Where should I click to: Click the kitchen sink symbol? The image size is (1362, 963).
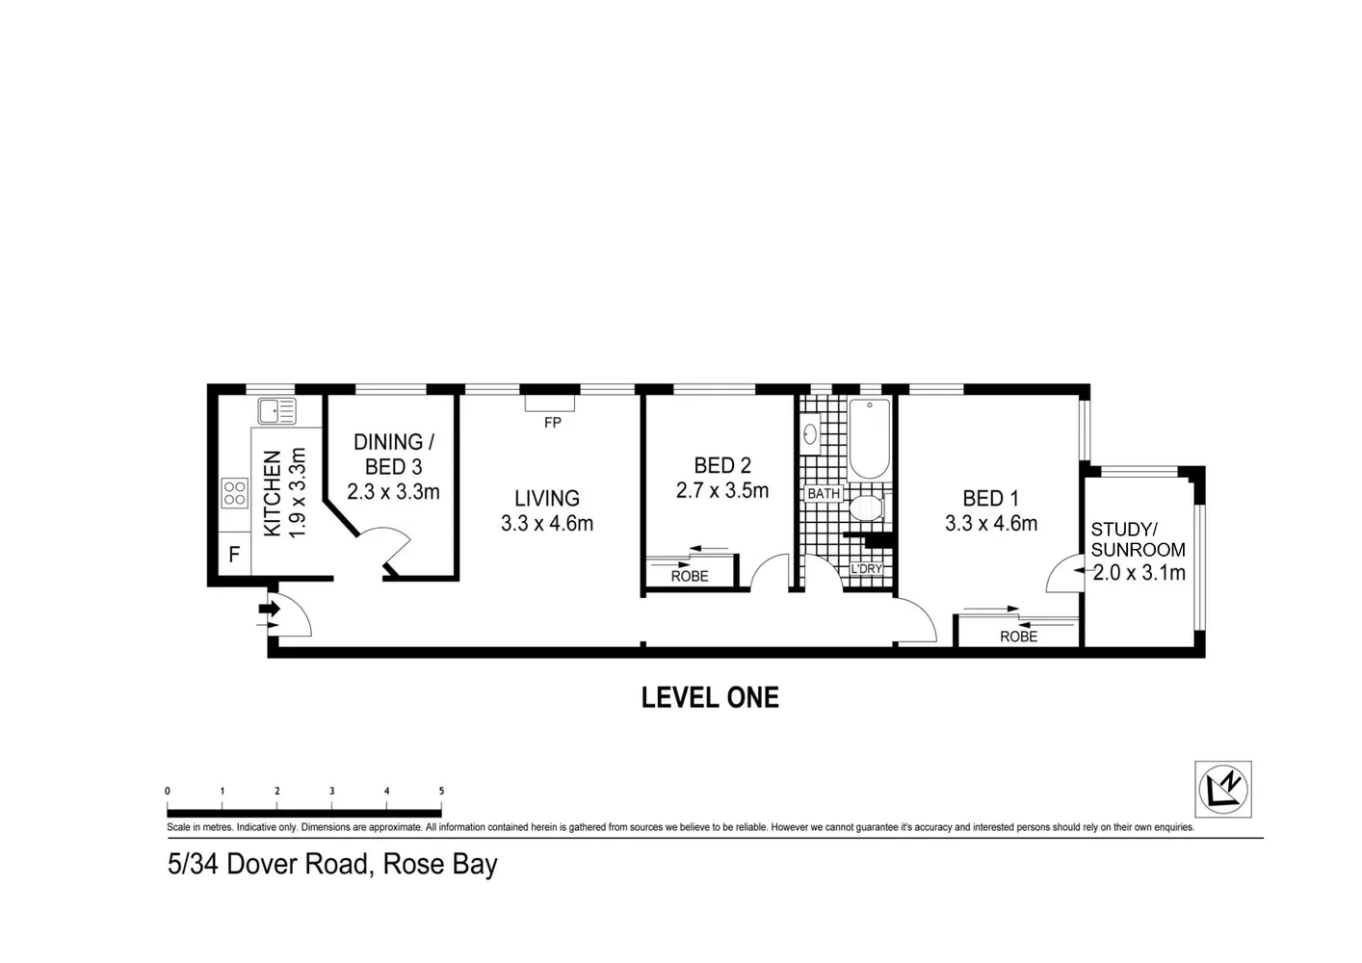coord(276,411)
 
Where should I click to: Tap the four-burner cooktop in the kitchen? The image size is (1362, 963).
coord(235,493)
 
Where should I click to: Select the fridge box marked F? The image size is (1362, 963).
coord(233,555)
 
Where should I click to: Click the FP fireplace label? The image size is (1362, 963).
coord(552,423)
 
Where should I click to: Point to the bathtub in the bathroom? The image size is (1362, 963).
coord(869,439)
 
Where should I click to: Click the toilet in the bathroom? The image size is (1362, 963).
coord(866,508)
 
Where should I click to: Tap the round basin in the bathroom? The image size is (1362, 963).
coord(810,434)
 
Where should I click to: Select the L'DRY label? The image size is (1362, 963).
coord(866,569)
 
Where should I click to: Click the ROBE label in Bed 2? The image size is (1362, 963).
coord(690,576)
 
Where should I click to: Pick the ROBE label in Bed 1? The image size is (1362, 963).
coord(1018,637)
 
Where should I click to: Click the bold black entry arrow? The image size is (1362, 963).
coord(269,609)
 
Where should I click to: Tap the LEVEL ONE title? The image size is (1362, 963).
coord(710,698)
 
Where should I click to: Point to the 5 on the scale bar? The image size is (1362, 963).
coord(441,792)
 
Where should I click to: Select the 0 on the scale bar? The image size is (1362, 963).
coord(168,792)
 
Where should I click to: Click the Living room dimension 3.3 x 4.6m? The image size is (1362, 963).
coord(546,524)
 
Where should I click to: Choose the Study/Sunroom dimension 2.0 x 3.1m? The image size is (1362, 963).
coord(1139,573)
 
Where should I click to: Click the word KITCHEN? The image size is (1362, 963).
coord(273,493)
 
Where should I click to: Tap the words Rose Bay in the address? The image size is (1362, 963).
coord(440,864)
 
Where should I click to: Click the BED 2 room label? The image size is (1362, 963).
coord(721,466)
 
